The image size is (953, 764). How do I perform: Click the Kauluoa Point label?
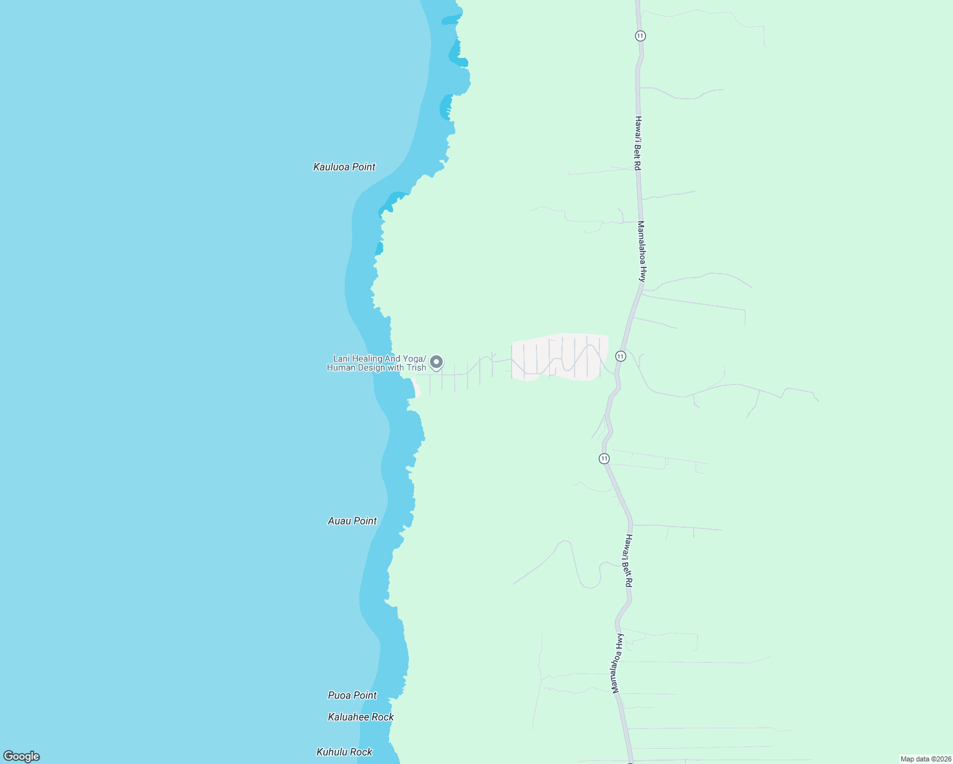coord(344,167)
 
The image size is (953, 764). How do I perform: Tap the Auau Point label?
coord(352,521)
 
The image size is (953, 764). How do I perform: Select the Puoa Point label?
coord(352,695)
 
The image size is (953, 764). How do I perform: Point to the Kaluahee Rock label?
coord(361,717)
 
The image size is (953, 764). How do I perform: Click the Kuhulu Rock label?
coord(344,752)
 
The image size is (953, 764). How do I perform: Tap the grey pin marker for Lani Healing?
coord(436,362)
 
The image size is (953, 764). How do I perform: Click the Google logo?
coord(22,756)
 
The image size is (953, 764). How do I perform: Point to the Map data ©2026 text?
coord(925,759)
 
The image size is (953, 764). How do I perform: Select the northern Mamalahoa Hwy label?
coord(642,251)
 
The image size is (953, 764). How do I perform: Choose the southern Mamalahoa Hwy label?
coord(616,663)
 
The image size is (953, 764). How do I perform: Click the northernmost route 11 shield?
coord(640,36)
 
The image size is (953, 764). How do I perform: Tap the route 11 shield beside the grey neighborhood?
coord(620,356)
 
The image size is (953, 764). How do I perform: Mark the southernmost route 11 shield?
coord(604,458)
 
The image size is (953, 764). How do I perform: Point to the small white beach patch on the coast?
coord(415,387)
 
